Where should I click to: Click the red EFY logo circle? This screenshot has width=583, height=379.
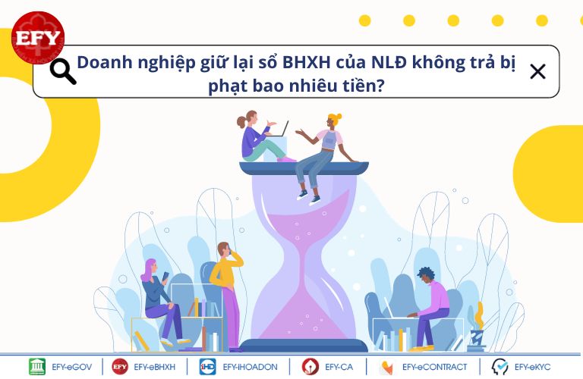38,37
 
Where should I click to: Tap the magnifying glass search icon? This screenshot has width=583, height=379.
63,71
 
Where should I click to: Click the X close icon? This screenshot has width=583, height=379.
537,72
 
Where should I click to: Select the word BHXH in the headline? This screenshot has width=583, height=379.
306,62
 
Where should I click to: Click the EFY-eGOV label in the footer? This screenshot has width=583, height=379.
72,367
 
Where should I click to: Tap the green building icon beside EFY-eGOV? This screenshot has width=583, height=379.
37,367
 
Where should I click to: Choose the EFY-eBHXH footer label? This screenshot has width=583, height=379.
154,367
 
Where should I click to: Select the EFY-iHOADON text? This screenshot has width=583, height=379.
250,367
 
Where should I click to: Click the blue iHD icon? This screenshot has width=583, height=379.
207,367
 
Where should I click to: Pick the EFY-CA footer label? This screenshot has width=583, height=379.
339,367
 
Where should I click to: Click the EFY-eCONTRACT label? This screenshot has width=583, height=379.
434,367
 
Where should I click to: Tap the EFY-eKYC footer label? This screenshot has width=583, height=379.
532,367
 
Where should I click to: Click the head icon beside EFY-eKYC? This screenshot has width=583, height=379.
499,367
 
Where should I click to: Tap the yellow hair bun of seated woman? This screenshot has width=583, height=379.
336,117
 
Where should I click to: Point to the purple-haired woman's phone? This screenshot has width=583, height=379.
165,276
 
